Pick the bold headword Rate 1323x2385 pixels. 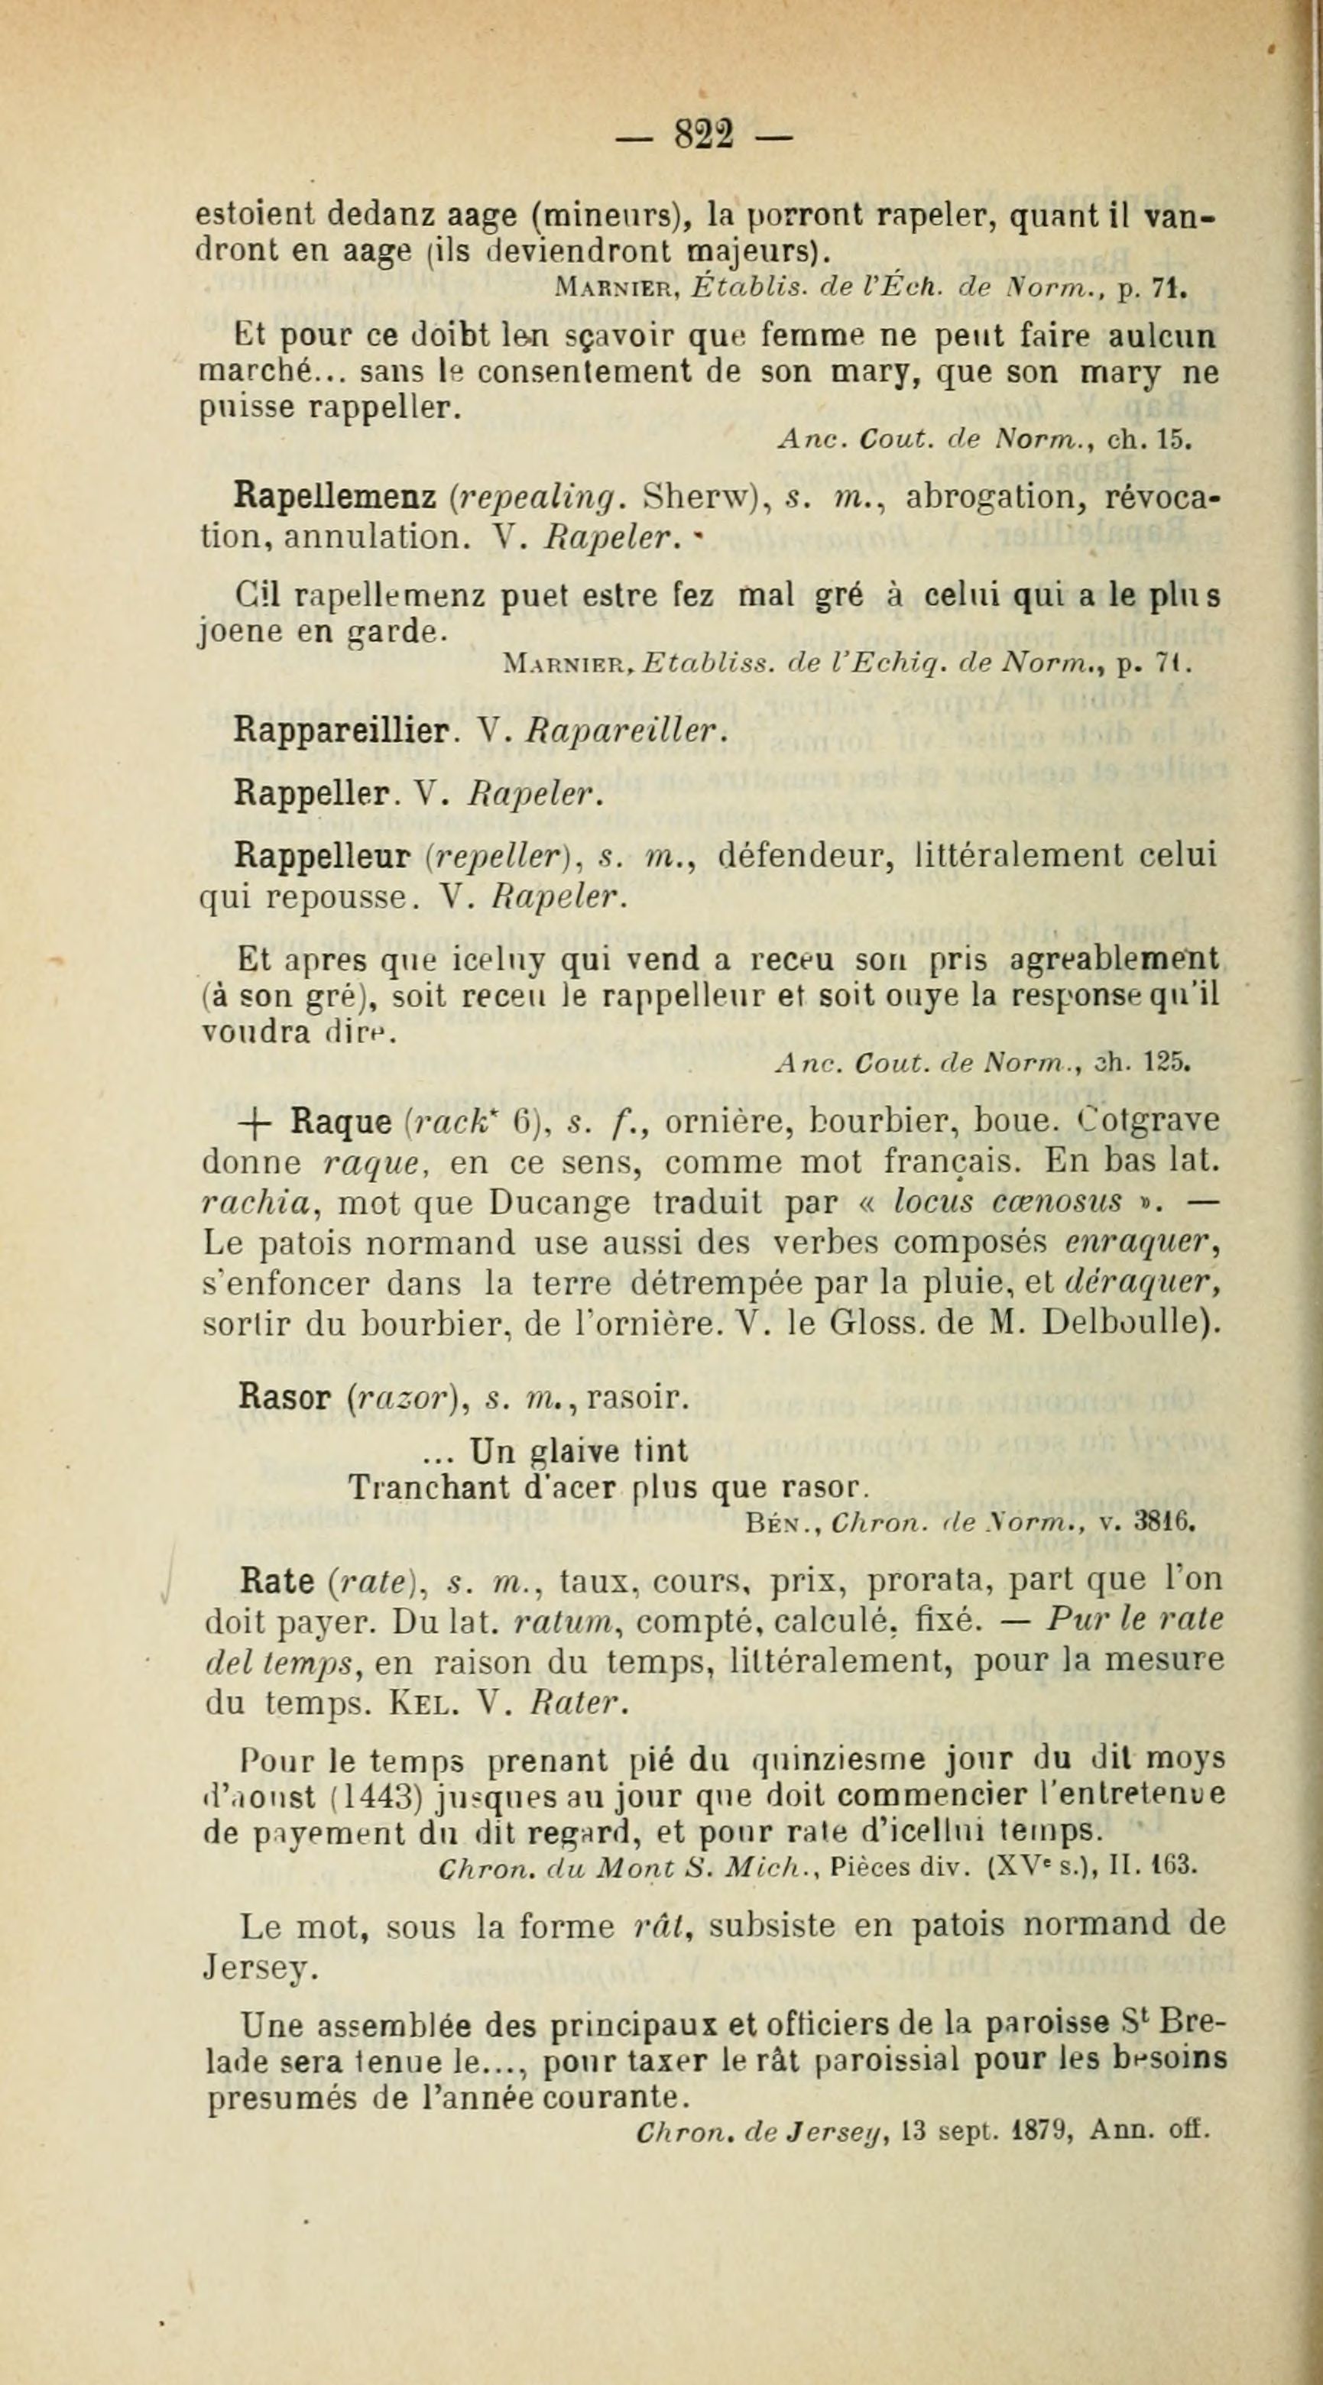277,1580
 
